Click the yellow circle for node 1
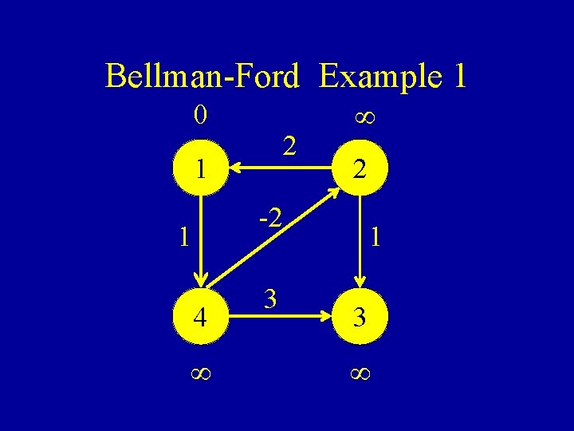click(x=202, y=168)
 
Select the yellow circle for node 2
click(x=360, y=168)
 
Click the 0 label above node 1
click(x=201, y=117)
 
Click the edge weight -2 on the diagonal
click(x=269, y=216)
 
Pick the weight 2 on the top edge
click(x=290, y=145)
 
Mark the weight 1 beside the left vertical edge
click(x=184, y=237)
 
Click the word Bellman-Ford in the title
click(x=202, y=77)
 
